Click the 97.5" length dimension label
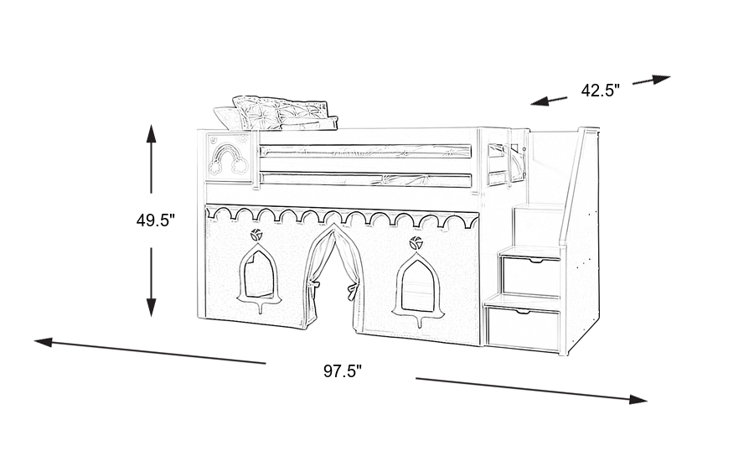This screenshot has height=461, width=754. [342, 371]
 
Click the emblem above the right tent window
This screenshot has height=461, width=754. [414, 244]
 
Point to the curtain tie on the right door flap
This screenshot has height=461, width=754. [352, 291]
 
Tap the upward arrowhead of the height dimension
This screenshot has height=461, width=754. [152, 131]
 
